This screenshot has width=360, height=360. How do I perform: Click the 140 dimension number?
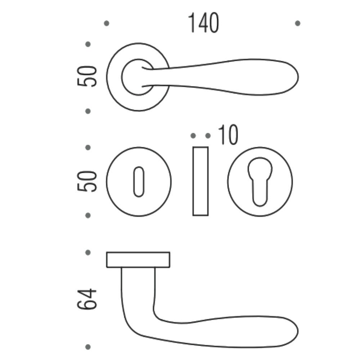[203, 23]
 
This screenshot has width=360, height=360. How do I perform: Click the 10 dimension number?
[228, 135]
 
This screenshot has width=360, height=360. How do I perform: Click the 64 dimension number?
[87, 299]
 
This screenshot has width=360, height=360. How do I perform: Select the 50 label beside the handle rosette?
[87, 76]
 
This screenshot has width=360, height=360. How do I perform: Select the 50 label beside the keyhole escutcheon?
[87, 181]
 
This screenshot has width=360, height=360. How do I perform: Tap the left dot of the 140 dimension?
[107, 23]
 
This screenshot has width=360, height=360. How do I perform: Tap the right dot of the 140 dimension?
[298, 23]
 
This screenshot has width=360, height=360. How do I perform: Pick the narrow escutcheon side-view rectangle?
[201, 181]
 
